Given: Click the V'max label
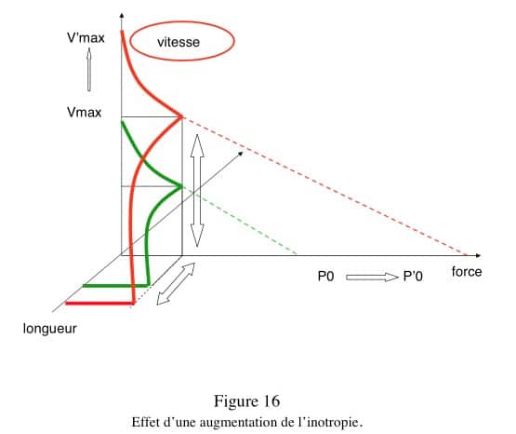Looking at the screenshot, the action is coord(86,38).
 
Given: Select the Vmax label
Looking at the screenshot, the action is coord(85,113).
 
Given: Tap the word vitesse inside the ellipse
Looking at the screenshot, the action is coord(179,42).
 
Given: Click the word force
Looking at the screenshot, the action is coord(467,272).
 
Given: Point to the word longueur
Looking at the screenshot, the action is coord(50,329).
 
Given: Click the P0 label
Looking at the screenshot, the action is coord(325,277).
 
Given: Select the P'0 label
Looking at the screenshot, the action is coord(413,277).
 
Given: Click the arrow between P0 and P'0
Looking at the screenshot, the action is coord(372,278).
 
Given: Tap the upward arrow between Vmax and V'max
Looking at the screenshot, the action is coord(89,69).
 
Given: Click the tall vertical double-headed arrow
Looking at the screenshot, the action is coord(197,191).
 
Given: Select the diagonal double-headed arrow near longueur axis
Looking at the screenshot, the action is coord(176,283).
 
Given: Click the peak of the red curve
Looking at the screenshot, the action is coord(182,117).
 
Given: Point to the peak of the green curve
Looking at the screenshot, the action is coord(181,186).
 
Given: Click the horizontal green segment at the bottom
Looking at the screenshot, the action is coord(116,285).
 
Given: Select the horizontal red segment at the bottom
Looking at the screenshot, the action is coord(99,304).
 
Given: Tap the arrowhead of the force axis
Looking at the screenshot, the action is coord(478,255).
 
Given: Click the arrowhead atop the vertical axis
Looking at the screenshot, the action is coord(122,16).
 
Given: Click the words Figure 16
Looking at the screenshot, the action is coord(246,401).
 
